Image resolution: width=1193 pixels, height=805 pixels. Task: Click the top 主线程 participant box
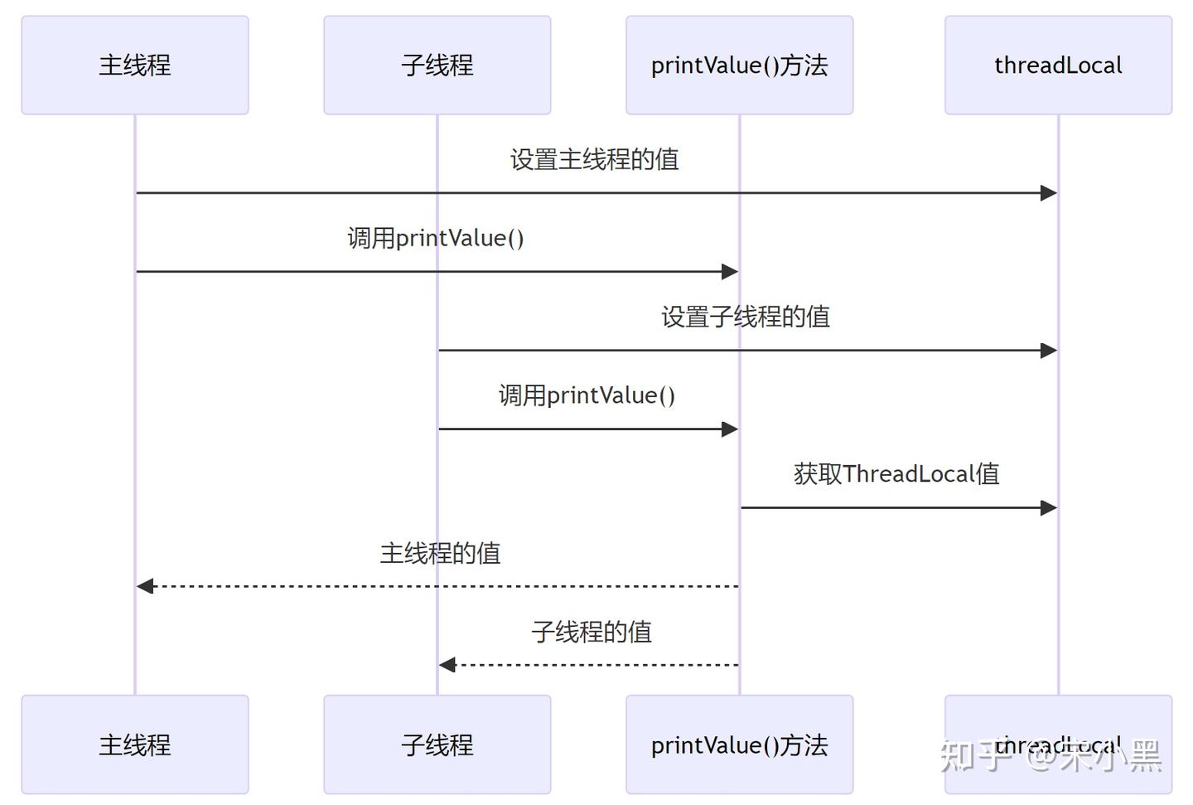[135, 65]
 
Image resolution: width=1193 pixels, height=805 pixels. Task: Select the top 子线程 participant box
[437, 65]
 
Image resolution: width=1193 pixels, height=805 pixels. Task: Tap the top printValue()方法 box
[739, 65]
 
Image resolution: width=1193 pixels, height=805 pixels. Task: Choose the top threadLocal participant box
[1058, 65]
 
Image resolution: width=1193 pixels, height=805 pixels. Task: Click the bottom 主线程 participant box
[135, 744]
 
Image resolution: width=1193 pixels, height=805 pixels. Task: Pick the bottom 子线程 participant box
[437, 744]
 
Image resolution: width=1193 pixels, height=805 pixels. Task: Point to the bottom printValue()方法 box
[739, 744]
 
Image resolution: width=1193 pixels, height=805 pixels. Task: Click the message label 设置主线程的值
[594, 159]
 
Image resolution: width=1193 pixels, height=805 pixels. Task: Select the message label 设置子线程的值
[746, 317]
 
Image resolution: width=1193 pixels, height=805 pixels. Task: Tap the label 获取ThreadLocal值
[896, 474]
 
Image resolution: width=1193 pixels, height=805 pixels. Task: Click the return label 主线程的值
[440, 553]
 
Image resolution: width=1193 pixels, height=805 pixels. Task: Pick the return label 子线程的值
[592, 632]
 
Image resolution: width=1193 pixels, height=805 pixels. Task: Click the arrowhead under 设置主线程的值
[1049, 193]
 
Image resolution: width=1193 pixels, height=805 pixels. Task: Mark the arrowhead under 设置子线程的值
[1049, 351]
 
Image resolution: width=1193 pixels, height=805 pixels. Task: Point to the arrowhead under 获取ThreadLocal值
[1049, 507]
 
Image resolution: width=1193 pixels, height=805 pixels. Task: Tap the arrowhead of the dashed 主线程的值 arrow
[145, 586]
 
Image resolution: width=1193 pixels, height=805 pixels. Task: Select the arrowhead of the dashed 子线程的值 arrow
[447, 665]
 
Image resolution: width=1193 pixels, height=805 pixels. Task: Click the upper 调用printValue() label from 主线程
[436, 238]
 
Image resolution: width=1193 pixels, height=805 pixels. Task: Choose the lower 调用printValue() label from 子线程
[587, 395]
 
